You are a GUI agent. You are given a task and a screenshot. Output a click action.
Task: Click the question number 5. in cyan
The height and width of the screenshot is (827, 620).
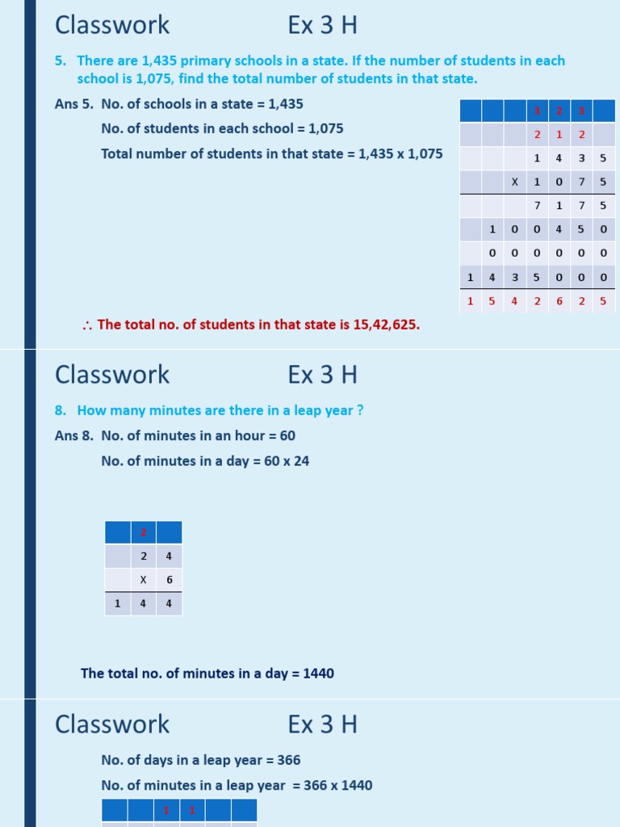pyautogui.click(x=61, y=61)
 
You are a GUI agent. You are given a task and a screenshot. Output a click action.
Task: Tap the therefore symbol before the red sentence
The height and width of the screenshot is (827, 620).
pyautogui.click(x=87, y=325)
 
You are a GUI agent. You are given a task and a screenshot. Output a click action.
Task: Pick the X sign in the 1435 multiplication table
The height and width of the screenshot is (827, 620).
pyautogui.click(x=514, y=183)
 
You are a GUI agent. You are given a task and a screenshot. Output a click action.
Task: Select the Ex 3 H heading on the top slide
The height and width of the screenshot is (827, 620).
pyautogui.click(x=322, y=26)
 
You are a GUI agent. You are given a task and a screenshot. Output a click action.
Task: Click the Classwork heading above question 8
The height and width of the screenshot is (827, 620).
pyautogui.click(x=112, y=375)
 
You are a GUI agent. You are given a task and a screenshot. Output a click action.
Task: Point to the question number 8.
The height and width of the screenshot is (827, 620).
pyautogui.click(x=61, y=410)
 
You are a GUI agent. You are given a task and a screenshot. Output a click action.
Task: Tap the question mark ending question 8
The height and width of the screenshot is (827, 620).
pyautogui.click(x=360, y=410)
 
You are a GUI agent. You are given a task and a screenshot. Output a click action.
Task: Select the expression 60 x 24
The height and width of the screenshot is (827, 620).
pyautogui.click(x=286, y=461)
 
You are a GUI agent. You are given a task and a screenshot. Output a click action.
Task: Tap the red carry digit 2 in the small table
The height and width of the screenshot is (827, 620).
pyautogui.click(x=143, y=532)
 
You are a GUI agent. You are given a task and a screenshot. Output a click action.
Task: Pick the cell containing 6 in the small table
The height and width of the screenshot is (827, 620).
pyautogui.click(x=169, y=580)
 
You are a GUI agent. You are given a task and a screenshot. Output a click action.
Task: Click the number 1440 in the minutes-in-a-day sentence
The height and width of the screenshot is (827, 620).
pyautogui.click(x=318, y=674)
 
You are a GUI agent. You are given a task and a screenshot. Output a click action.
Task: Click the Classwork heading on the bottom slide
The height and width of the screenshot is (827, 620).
pyautogui.click(x=112, y=724)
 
